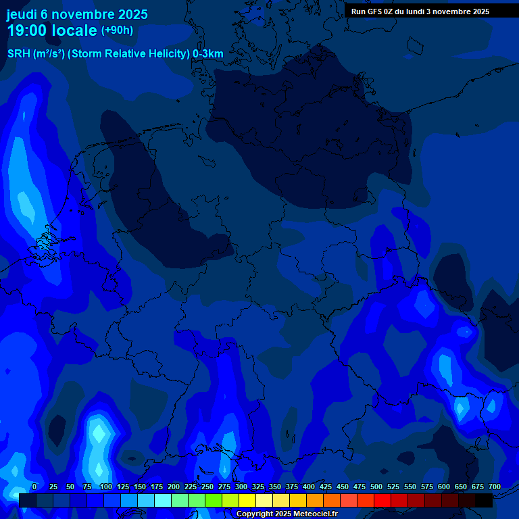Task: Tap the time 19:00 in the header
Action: pos(28,30)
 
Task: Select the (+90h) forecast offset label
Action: pos(117,30)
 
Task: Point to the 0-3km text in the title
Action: pos(208,54)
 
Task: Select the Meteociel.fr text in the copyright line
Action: pos(315,514)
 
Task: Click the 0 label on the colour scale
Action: pos(34,487)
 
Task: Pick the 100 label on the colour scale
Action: pos(106,487)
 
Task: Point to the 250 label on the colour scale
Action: pos(207,487)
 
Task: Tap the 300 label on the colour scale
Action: pos(241,487)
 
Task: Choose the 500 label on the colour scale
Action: pos(376,487)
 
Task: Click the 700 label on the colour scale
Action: pos(495,487)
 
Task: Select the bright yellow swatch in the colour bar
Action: pos(247,500)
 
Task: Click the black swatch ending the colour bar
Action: pos(484,500)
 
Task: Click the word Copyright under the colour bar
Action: pos(255,514)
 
